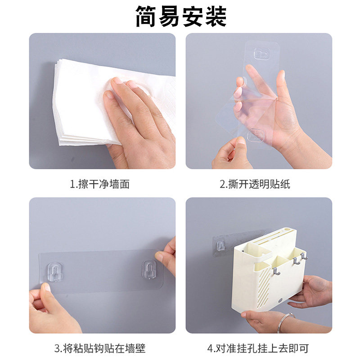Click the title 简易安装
pyautogui.click(x=181, y=17)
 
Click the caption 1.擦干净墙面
pyautogui.click(x=100, y=184)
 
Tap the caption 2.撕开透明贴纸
pyautogui.click(x=255, y=184)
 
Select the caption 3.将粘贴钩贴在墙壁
pyautogui.click(x=100, y=348)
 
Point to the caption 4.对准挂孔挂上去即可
pyautogui.click(x=258, y=348)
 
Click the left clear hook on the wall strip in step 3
pyautogui.click(x=55, y=272)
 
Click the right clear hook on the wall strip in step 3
pyautogui.click(x=150, y=270)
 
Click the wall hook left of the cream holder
pyautogui.click(x=220, y=246)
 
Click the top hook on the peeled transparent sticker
pyautogui.click(x=262, y=54)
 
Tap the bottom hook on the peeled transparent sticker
pyautogui.click(x=255, y=135)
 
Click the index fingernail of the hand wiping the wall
pyautogui.click(x=108, y=94)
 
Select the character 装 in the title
pyautogui.click(x=216, y=17)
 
